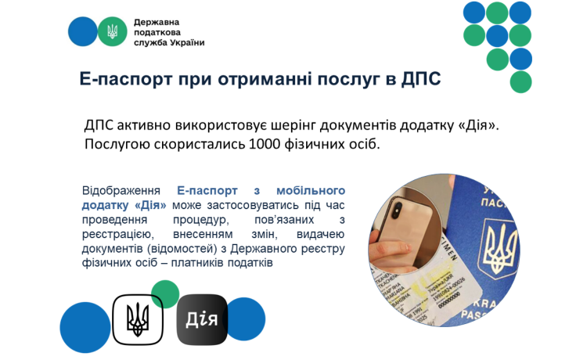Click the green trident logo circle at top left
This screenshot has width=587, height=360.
112,31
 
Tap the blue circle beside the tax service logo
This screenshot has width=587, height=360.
83,31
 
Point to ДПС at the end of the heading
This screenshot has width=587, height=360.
421,79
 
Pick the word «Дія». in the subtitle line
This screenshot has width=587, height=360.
479,125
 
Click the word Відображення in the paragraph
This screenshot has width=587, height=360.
121,191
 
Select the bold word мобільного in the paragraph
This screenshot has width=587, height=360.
311,190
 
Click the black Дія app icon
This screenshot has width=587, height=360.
202,319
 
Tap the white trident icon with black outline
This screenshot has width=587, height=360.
138,319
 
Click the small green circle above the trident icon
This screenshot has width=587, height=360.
165,293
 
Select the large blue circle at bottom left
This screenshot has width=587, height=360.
85,327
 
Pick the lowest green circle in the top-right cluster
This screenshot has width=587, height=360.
520,82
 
